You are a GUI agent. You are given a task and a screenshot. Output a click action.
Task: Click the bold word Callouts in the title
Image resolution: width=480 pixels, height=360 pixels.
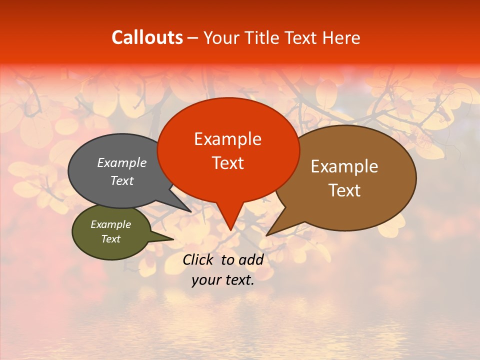147,37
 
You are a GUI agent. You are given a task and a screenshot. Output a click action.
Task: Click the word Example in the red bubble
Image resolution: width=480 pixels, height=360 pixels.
227,139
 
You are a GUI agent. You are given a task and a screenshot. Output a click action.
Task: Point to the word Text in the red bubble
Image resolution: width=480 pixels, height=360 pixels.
227,163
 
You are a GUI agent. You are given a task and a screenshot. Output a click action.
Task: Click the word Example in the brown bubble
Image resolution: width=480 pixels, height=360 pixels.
344,166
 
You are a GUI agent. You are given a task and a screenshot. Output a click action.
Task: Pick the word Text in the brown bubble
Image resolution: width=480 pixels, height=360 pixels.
344,190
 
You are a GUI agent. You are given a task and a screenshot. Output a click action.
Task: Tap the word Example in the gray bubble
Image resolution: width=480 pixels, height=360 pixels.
121,163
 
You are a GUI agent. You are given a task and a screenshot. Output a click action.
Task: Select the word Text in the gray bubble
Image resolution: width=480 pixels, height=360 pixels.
121,180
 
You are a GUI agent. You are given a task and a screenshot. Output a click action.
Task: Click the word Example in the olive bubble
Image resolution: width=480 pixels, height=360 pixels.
110,224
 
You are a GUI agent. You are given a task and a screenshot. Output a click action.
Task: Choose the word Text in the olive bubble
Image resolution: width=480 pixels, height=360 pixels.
110,239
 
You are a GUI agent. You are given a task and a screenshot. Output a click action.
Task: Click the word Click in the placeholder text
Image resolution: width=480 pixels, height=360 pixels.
198,259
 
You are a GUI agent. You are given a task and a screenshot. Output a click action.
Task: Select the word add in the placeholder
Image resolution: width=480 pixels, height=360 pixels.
251,259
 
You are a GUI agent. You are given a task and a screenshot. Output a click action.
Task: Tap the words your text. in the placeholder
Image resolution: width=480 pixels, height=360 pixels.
223,280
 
